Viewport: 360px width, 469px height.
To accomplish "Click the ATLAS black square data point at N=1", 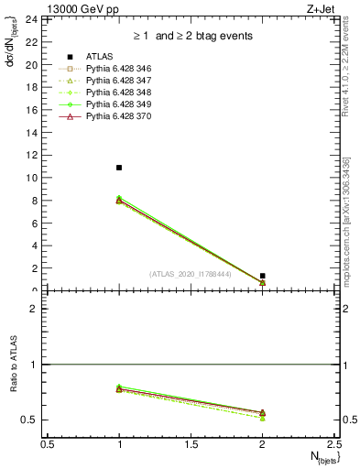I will coord(119,168).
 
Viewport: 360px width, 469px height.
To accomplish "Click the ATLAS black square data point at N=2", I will coord(263,276).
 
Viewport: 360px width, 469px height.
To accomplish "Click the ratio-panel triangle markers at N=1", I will coord(119,389).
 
